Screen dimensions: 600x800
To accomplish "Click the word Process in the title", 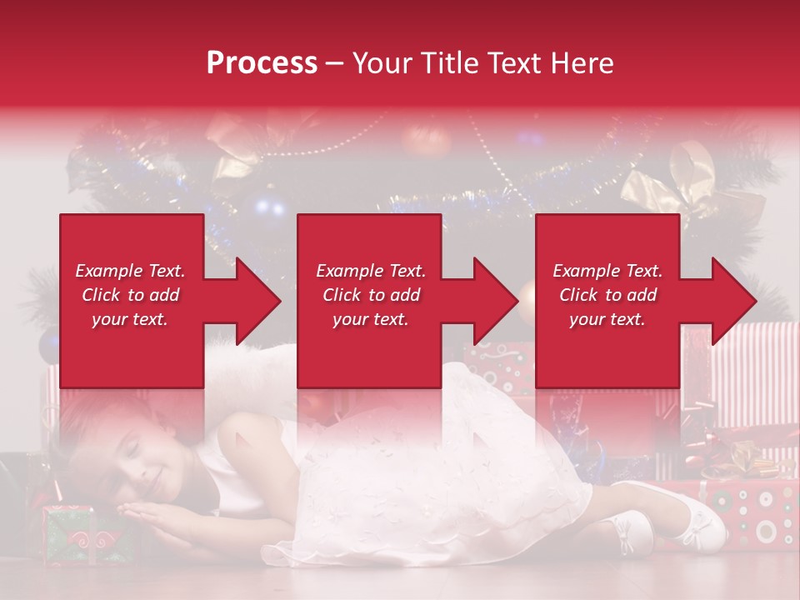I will [262, 63].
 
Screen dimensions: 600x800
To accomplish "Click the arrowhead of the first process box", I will [260, 301].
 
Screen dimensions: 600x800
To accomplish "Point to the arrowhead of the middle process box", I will [497, 301].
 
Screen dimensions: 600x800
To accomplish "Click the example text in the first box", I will [131, 295].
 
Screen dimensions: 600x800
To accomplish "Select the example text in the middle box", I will [370, 295].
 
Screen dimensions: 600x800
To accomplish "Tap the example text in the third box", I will [607, 295].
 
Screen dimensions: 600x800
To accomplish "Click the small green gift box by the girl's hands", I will [71, 533].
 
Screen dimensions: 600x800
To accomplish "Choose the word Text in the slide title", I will [520, 63].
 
